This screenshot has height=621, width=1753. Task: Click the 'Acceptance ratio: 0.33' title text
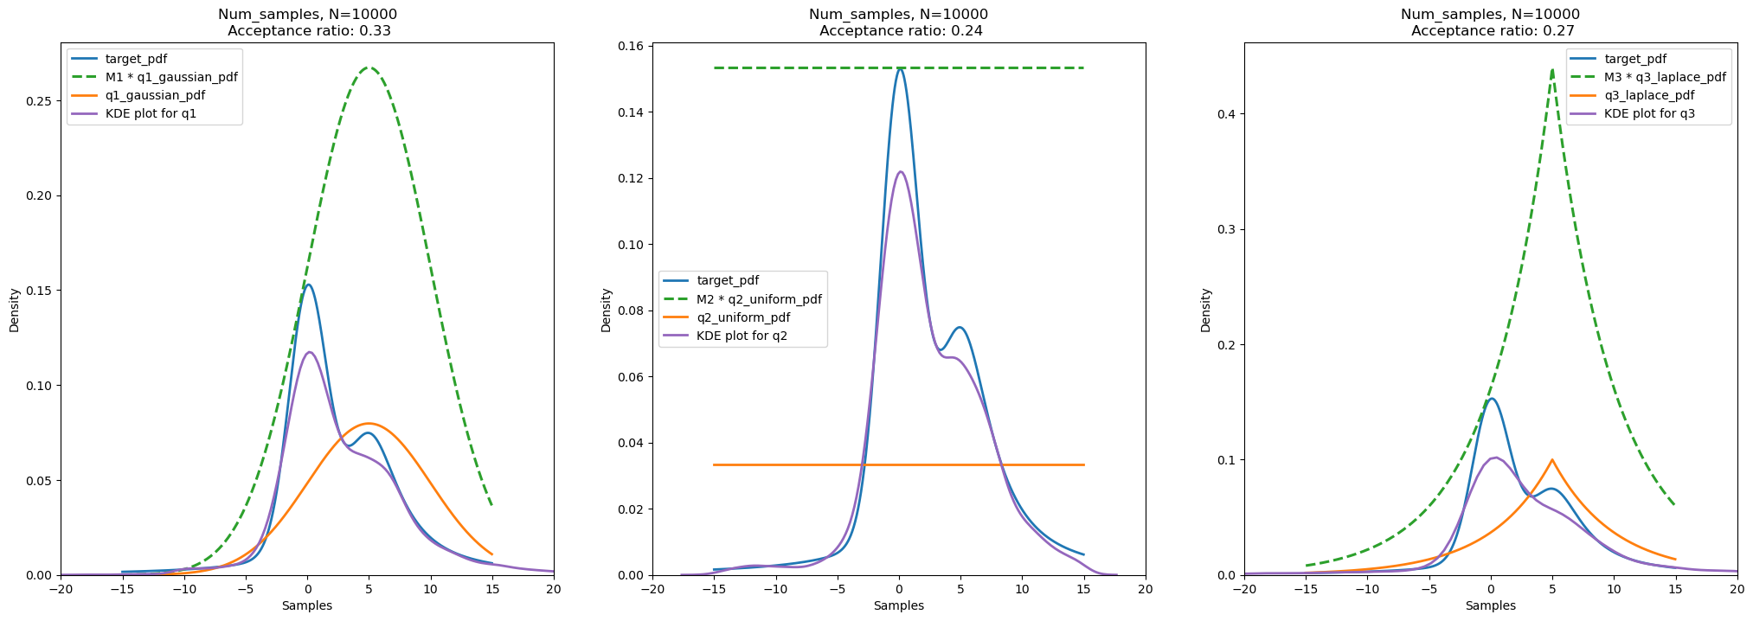307,31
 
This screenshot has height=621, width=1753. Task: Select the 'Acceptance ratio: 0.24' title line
899,31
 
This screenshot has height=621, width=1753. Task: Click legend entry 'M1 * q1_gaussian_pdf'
170,77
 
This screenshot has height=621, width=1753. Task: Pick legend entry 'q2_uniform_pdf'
742,317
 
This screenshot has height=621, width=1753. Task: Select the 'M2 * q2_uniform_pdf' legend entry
758,299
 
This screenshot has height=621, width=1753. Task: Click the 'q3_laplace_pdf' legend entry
1648,95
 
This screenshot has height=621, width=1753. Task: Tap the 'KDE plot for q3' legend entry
1648,113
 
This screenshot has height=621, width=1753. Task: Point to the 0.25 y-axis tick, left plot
40,100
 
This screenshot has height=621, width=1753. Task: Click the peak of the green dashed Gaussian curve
369,67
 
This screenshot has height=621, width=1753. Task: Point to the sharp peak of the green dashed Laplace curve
1552,69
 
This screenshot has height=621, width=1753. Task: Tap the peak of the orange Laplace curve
1552,460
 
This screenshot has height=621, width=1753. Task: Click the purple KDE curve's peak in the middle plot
900,171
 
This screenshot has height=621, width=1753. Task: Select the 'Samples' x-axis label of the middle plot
899,605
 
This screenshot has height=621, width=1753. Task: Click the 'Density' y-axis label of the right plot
1206,310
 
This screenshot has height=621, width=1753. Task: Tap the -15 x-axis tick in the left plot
122,589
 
